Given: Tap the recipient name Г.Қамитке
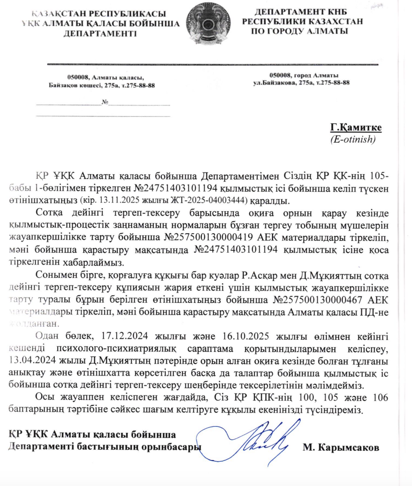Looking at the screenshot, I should point(356,128).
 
